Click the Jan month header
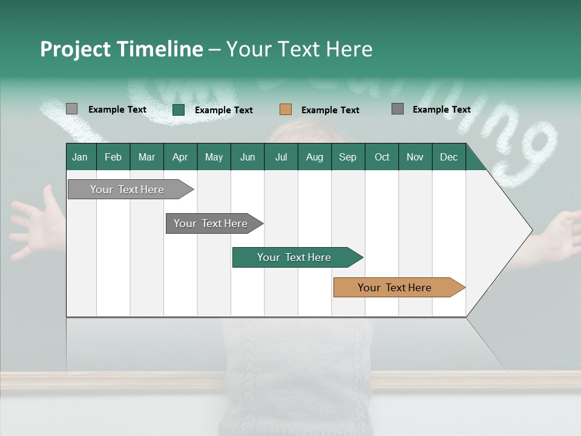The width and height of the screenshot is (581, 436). tap(80, 157)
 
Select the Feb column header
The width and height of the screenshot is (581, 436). tap(113, 157)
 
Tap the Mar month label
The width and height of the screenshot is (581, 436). tap(146, 157)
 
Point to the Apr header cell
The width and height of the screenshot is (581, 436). tap(180, 157)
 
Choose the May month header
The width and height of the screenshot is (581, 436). tap(214, 157)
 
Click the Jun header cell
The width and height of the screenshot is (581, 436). tap(248, 157)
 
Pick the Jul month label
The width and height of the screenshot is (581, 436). tap(281, 157)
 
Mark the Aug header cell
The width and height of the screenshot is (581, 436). tap(315, 157)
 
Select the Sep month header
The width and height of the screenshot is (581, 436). tap(348, 157)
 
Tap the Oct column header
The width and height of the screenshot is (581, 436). tap(382, 157)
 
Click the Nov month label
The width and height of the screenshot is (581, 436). tap(415, 157)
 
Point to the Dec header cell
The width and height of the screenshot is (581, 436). tap(449, 157)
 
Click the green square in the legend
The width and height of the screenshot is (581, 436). tap(179, 110)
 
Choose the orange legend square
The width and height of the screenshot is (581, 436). tap(286, 110)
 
